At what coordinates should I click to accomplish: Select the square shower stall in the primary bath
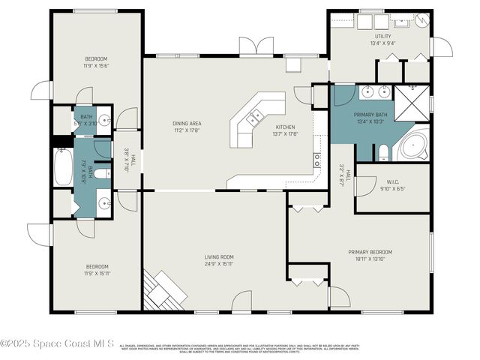pos(411,103)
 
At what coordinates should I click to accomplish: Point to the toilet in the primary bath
pos(383,153)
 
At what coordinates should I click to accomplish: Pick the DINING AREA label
pos(187,127)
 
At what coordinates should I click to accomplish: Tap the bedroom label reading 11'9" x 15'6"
pos(96,62)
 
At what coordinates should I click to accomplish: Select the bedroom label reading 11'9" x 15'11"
pos(97,270)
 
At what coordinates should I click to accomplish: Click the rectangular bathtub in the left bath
pos(62,167)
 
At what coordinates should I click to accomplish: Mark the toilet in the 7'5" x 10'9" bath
pos(103,174)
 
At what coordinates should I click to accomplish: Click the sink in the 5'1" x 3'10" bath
pos(103,120)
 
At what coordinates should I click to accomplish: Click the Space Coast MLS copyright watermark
pos(57,343)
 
